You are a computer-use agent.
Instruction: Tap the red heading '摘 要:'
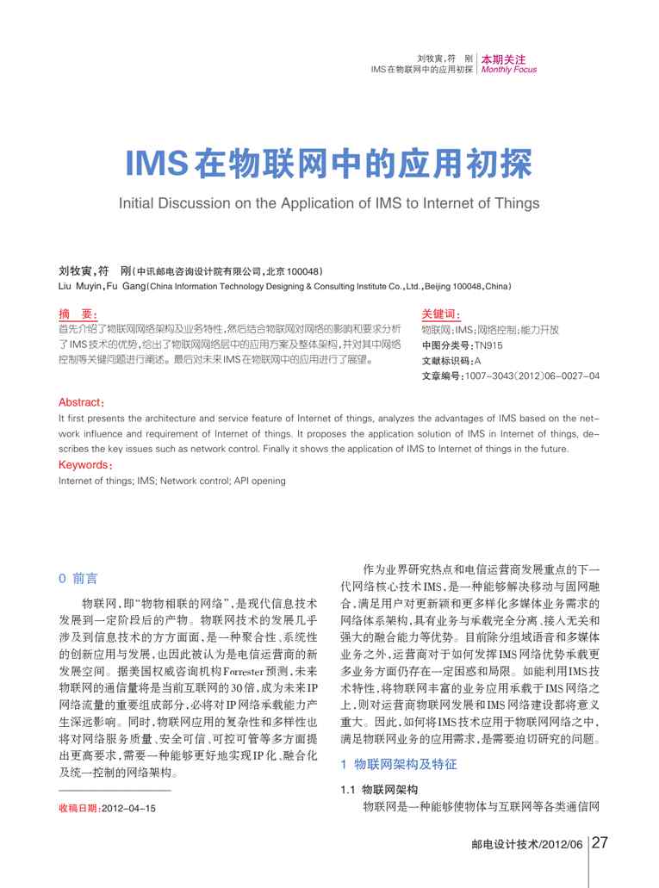coord(78,315)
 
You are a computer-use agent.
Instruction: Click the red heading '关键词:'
coord(441,315)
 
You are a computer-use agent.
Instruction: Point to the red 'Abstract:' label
coord(81,402)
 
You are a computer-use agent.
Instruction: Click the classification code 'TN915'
coord(488,345)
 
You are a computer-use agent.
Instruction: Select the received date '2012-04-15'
coord(128,809)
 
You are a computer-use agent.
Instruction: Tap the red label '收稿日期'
coord(78,809)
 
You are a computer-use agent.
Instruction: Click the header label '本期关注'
coord(503,59)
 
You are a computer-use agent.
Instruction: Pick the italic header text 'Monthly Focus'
coord(508,70)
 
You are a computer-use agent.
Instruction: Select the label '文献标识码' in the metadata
coord(446,361)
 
